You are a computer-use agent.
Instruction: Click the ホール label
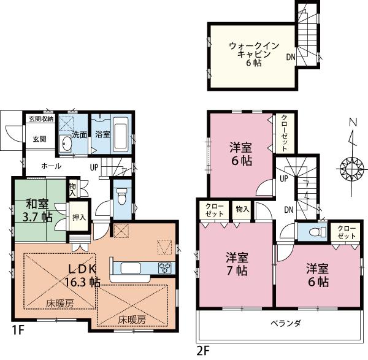click(x=52, y=166)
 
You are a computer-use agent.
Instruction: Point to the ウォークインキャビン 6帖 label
click(x=254, y=54)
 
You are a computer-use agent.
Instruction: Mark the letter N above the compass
click(x=351, y=121)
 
